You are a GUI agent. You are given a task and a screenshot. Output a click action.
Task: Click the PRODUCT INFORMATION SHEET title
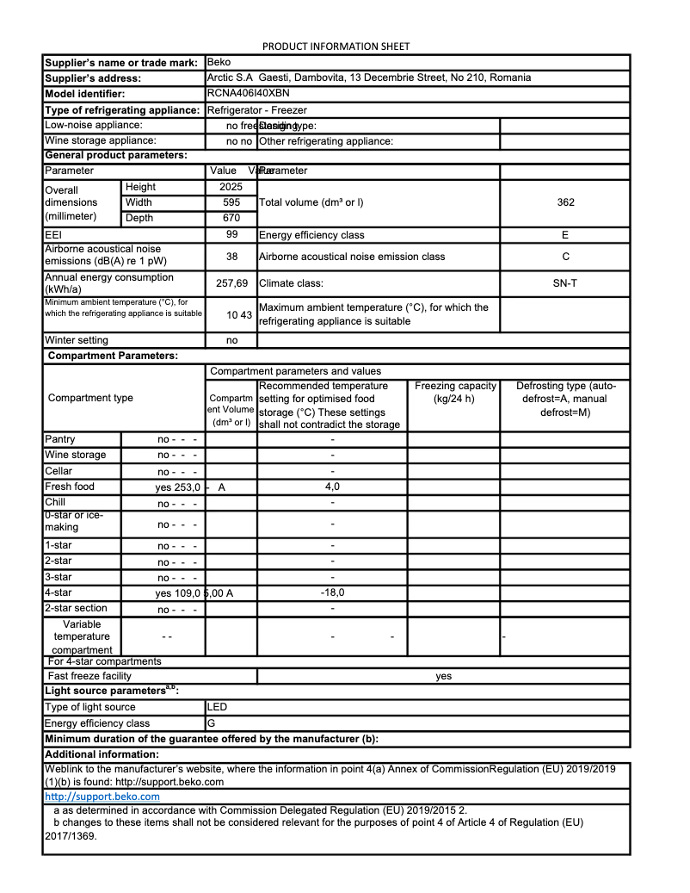[336, 47]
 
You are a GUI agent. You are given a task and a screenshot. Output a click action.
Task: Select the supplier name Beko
[219, 62]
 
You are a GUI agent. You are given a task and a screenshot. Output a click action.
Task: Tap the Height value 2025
[231, 187]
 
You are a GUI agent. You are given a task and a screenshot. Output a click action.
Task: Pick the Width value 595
[231, 202]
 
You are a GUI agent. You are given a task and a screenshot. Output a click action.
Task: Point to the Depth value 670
[231, 218]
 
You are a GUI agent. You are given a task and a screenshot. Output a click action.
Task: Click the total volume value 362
[565, 202]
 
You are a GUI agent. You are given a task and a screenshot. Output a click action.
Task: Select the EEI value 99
[231, 234]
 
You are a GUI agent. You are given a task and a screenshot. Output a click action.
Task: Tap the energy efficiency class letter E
[565, 235]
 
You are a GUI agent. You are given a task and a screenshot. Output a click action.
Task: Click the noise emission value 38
[231, 257]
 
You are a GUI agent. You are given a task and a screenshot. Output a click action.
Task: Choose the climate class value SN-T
[565, 282]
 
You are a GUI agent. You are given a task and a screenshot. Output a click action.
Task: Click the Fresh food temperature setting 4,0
[332, 487]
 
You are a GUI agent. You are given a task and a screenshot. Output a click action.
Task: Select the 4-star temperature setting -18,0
[332, 592]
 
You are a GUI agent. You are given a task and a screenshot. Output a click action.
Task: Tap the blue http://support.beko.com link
[102, 797]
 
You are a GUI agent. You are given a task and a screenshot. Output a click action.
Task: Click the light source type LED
[218, 707]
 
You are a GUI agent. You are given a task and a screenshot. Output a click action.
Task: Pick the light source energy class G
[212, 723]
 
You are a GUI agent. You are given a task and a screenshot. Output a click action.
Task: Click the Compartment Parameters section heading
[113, 356]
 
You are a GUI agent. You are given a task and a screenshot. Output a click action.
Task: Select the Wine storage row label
[76, 455]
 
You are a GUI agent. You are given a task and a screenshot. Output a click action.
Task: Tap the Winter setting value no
[231, 340]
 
